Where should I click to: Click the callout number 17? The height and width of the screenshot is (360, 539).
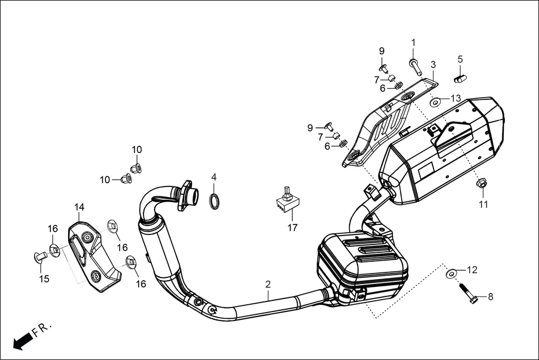[293, 228]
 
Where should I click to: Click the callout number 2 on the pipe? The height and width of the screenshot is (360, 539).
[268, 285]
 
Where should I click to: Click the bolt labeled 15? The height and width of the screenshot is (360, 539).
[40, 257]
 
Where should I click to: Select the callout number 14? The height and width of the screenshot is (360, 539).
[79, 208]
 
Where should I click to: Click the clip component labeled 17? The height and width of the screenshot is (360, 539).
[285, 203]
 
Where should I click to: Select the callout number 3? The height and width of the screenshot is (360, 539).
[433, 65]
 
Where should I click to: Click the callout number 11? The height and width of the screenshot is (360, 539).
[483, 204]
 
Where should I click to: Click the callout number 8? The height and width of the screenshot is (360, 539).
[490, 297]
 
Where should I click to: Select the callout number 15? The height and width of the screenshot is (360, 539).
[44, 279]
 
